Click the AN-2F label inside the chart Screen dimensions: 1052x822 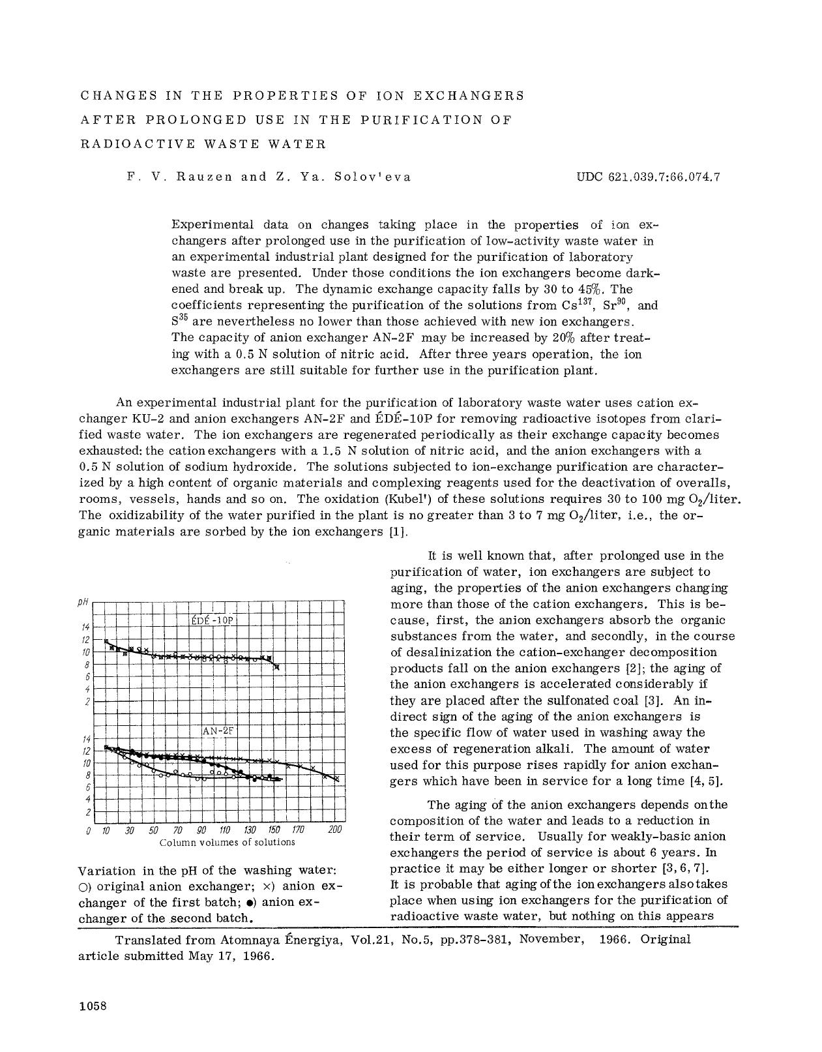pos(218,731)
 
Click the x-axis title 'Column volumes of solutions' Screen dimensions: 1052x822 pos(227,842)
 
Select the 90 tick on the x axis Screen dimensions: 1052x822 pos(201,830)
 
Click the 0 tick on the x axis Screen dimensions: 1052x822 pos(88,830)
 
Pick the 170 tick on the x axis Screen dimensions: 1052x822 pos(297,830)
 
